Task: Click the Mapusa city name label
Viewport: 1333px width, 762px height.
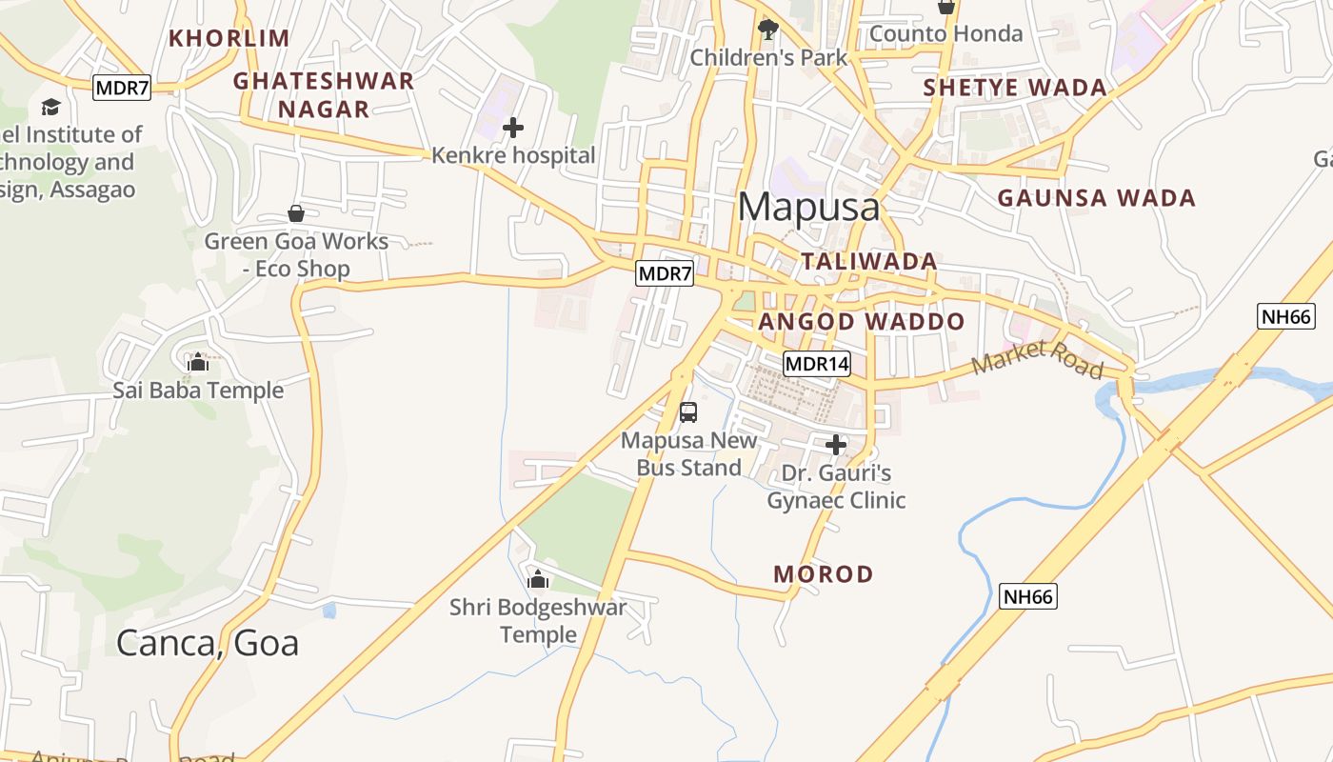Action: coord(808,207)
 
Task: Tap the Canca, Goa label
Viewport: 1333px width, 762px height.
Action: coord(208,643)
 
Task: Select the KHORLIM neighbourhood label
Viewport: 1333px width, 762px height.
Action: coord(229,38)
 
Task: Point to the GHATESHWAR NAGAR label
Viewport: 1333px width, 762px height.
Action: coord(324,94)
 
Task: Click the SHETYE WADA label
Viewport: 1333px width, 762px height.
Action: coord(1015,89)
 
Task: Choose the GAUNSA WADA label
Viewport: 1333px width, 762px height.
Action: coord(1096,198)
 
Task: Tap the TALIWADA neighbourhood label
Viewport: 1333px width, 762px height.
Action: coord(868,261)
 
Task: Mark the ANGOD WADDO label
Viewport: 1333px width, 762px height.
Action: coord(862,322)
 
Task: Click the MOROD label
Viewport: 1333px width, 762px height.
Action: coord(824,574)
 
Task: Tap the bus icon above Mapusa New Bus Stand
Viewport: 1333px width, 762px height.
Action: coord(688,412)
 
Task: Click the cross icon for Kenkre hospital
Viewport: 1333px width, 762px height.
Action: coord(513,127)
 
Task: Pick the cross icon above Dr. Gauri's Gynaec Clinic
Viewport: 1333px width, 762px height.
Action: coord(836,445)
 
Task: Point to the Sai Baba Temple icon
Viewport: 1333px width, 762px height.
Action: coord(198,362)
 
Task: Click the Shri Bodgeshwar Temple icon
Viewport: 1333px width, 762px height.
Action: coord(538,578)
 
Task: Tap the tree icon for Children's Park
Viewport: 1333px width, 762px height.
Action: coord(767,30)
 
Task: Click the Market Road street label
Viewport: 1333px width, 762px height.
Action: coord(1036,359)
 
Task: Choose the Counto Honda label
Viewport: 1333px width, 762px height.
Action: coord(945,34)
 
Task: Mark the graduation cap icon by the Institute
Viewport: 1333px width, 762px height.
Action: coord(50,107)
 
